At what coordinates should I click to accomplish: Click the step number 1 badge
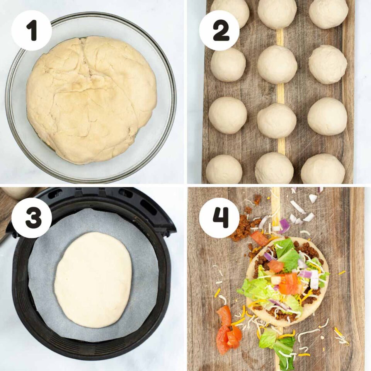coord(31,31)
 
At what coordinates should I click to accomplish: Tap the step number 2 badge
coord(219,31)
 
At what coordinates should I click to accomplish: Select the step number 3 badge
coord(31,218)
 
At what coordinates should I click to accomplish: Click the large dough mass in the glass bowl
coord(91,99)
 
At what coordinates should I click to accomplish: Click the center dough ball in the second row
coord(277,64)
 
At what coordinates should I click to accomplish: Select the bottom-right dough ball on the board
coord(323,169)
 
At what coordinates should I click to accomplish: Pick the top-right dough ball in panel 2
coord(328,13)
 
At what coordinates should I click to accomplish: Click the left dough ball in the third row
coord(228,115)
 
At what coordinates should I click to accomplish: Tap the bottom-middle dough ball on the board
coord(274,168)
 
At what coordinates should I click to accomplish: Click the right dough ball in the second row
coord(328,64)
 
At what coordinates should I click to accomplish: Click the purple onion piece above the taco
coord(284,225)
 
